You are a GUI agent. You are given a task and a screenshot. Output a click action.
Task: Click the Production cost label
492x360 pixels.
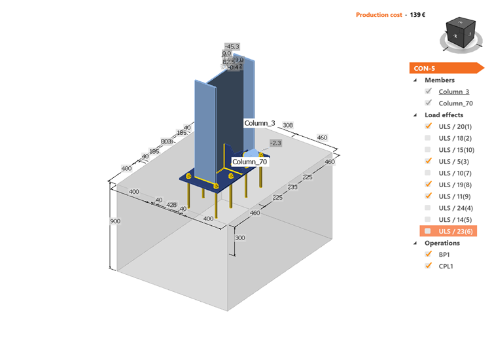point(378,14)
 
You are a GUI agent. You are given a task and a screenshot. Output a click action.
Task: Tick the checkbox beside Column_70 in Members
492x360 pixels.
point(428,103)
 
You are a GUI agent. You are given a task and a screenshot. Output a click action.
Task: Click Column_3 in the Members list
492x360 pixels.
point(453,92)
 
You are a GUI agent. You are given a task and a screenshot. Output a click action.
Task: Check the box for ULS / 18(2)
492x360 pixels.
point(428,138)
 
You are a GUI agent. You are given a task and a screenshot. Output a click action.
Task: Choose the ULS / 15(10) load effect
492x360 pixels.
point(457,150)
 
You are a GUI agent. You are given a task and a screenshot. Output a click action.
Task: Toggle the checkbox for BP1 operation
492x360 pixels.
point(428,254)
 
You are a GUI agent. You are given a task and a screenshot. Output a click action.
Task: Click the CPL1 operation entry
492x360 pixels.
point(446,266)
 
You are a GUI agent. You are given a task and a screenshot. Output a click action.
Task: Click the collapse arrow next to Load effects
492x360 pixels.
point(415,115)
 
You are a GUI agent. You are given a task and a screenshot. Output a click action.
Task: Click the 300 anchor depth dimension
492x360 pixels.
point(239,238)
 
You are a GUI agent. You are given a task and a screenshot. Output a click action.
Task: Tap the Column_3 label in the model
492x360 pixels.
point(260,123)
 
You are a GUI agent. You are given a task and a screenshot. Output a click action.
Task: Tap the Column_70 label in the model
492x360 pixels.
point(249,162)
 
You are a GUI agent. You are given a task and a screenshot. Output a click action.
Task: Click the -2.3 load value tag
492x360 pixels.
point(275,143)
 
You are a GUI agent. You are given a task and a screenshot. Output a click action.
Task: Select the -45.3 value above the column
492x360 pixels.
point(231,46)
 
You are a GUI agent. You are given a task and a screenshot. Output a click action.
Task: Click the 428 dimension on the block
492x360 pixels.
point(172,205)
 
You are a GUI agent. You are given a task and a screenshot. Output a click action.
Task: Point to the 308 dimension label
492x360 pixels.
point(287,124)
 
